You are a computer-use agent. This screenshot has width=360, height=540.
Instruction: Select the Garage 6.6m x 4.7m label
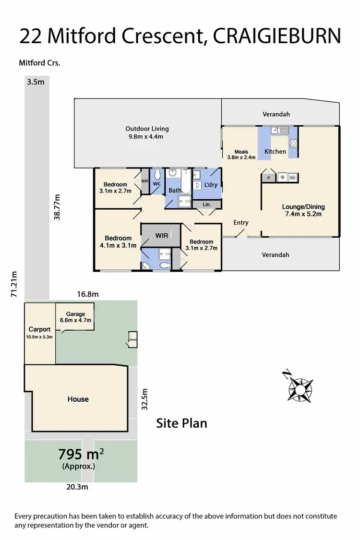[75, 317]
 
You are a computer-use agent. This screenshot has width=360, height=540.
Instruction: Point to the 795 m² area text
[81, 454]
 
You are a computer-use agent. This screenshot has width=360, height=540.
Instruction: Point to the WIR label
[161, 236]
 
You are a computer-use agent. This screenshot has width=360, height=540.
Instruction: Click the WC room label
[156, 184]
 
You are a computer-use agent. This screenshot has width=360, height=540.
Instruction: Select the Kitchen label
[276, 152]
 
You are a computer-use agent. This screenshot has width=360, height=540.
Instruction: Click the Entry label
[241, 222]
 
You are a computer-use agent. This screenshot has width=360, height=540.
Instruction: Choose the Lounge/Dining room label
[303, 210]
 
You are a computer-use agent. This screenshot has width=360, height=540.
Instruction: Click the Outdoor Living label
[147, 132]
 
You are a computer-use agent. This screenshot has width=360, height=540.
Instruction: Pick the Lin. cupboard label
[207, 204]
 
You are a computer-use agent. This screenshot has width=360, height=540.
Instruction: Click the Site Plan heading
[182, 423]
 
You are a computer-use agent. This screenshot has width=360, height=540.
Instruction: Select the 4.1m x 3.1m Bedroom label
[118, 241]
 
